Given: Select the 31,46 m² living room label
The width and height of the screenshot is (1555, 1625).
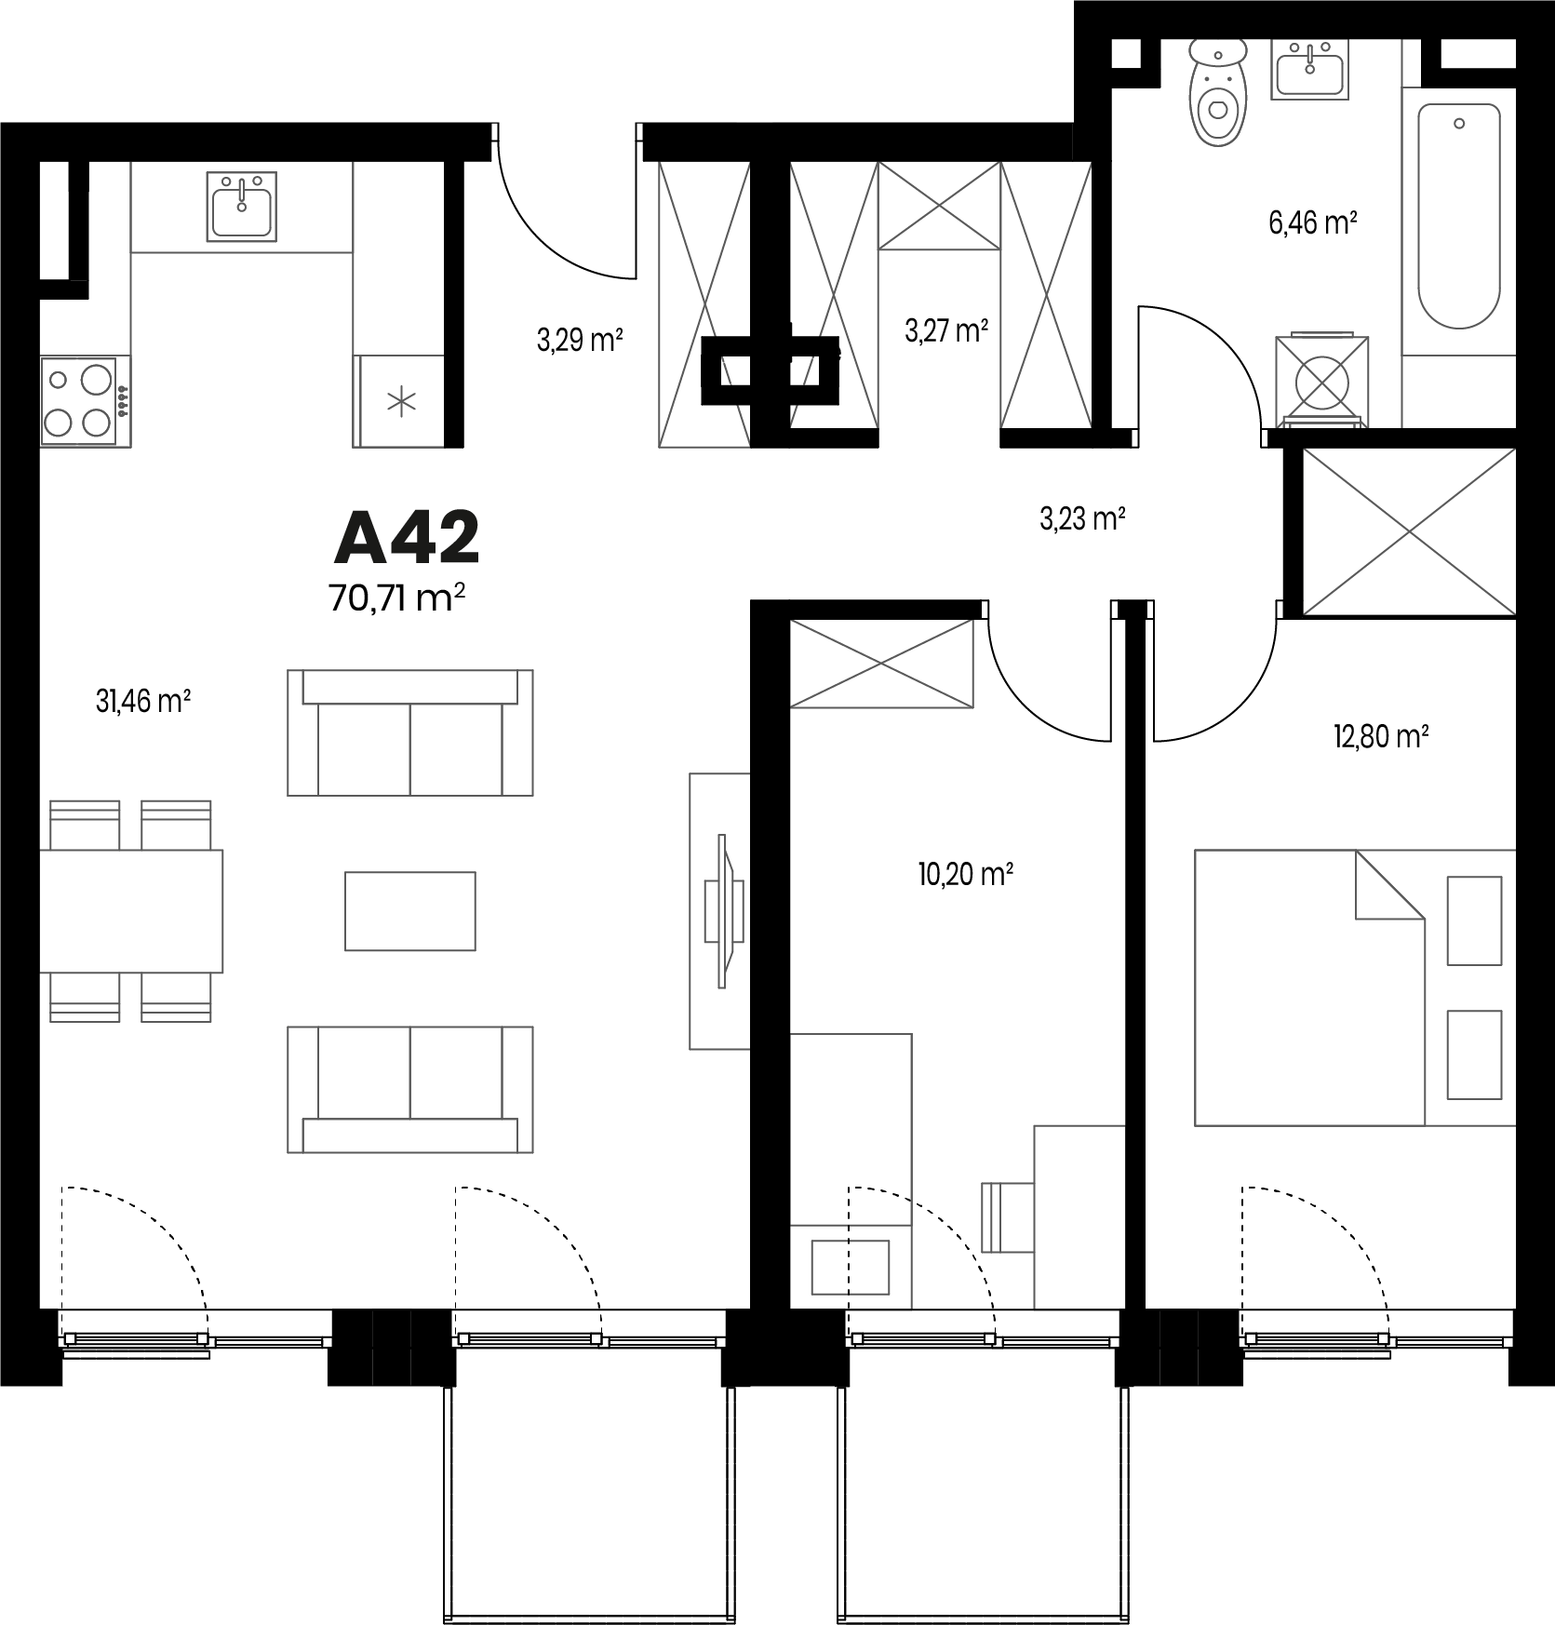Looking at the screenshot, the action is click(x=143, y=701).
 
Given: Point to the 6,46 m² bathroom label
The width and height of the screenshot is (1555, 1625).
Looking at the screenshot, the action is click(x=1312, y=223).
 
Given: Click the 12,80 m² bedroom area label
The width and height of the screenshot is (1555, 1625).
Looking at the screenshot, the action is click(x=1381, y=737).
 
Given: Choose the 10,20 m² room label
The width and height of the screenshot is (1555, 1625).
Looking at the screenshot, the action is click(x=965, y=875).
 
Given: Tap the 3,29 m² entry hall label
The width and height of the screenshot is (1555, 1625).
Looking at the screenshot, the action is click(x=580, y=340).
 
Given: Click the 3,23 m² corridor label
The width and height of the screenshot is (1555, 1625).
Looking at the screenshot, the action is click(x=1083, y=518).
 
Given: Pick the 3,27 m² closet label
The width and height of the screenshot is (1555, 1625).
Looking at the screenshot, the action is click(x=946, y=330).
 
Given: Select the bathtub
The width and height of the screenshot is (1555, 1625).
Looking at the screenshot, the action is click(x=1458, y=216).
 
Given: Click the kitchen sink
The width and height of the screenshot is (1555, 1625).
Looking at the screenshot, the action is click(x=242, y=207).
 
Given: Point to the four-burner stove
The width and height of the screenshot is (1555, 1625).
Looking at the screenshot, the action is click(x=80, y=401).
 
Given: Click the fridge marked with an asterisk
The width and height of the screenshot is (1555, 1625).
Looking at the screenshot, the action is click(x=401, y=401).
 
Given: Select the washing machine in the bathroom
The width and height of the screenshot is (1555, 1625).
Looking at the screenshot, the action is click(x=1321, y=381).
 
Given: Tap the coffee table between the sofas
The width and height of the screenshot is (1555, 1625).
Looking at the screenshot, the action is click(x=410, y=911).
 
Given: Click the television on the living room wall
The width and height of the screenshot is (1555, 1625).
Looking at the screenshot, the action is click(x=724, y=911).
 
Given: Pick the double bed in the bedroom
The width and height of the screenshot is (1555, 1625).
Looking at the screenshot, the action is click(x=1309, y=987).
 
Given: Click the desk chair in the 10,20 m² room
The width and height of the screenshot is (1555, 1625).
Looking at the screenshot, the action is click(x=1008, y=1217).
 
